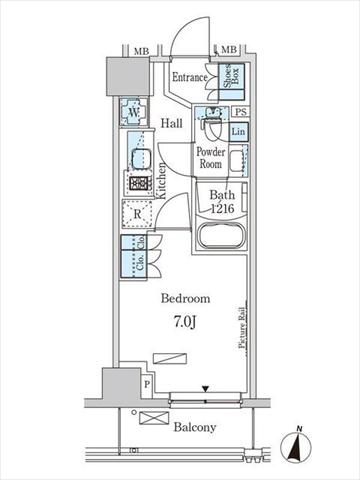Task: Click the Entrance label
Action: pyautogui.click(x=189, y=77)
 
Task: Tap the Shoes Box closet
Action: pyautogui.click(x=231, y=81)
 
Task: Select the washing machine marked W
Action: pyautogui.click(x=134, y=112)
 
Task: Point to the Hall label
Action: pyautogui.click(x=172, y=123)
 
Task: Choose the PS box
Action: pyautogui.click(x=240, y=112)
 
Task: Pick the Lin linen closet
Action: pyautogui.click(x=238, y=132)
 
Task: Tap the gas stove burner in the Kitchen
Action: pyautogui.click(x=139, y=183)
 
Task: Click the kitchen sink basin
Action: pyautogui.click(x=141, y=159)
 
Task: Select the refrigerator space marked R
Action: pyautogui.click(x=137, y=214)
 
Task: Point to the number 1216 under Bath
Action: pyautogui.click(x=222, y=209)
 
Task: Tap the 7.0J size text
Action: pyautogui.click(x=184, y=322)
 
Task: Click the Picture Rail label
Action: pyautogui.click(x=242, y=328)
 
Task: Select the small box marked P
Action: pyautogui.click(x=147, y=385)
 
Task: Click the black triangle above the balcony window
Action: pyautogui.click(x=206, y=389)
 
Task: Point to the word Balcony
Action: pyautogui.click(x=195, y=427)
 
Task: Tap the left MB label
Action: pyautogui.click(x=141, y=51)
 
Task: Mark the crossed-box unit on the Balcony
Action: pyautogui.click(x=154, y=418)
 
